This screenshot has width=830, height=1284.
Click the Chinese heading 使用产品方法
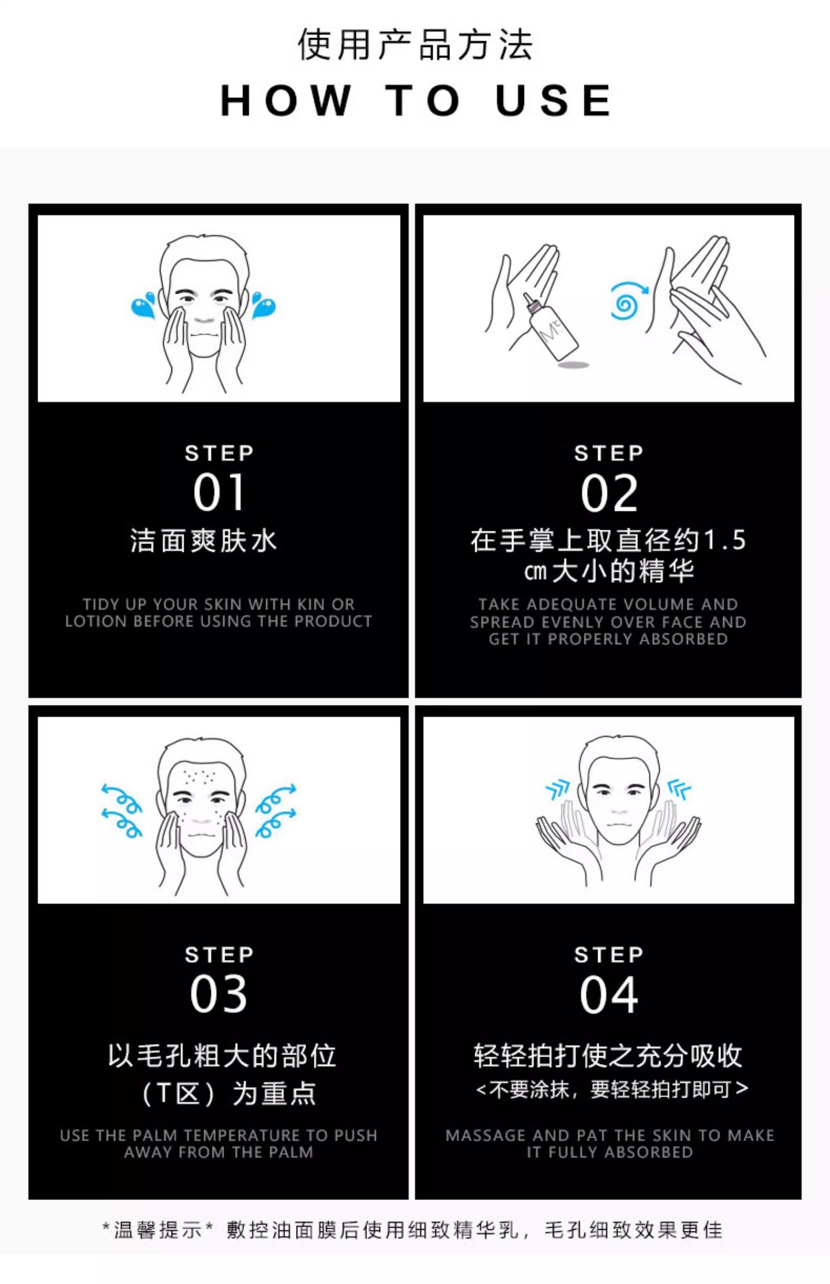point(415,44)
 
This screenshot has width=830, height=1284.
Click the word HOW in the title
point(286,101)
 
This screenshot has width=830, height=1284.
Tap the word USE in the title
point(553,101)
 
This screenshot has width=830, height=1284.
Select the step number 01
point(219,492)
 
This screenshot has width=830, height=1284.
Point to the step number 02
point(609,493)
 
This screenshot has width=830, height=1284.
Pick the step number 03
point(219,994)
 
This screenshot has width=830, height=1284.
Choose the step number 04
point(609,995)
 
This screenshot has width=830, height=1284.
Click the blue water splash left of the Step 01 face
point(144,305)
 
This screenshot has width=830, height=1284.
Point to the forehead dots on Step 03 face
point(199,776)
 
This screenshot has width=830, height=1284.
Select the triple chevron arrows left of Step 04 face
point(558,789)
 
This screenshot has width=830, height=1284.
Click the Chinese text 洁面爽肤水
point(204,540)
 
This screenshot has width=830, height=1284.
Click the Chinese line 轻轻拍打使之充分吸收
point(608,1056)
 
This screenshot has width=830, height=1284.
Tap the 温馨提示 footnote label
point(158,1230)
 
